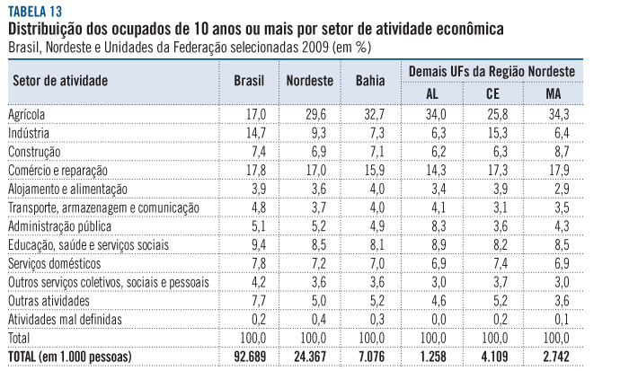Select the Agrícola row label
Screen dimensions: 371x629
click(x=27, y=115)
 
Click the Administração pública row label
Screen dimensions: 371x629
click(x=55, y=225)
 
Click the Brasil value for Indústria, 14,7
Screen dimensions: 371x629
click(x=256, y=133)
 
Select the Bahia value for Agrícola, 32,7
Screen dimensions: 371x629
click(x=372, y=115)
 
